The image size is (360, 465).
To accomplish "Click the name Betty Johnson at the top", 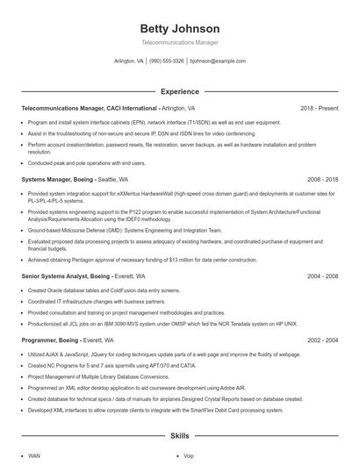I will pos(179,28).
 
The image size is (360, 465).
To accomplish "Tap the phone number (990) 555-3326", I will pos(167,61).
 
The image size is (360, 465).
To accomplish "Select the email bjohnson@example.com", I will pos(219,61).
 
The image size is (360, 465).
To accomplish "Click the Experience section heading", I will pos(179,90).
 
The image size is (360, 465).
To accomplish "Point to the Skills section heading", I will pos(179,435).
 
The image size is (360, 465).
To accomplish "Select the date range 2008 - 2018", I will pos(322,178).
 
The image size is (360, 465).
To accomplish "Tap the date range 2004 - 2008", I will pos(322,275).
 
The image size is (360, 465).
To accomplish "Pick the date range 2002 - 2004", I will pos(322,338).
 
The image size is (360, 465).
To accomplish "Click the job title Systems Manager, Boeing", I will pos(55,178).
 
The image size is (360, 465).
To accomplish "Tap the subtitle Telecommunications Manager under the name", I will pos(179,42).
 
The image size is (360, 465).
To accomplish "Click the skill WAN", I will pos(34,456).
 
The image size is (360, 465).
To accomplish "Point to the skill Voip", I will pos(189,456).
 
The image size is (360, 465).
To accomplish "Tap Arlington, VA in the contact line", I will pos(129,61).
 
